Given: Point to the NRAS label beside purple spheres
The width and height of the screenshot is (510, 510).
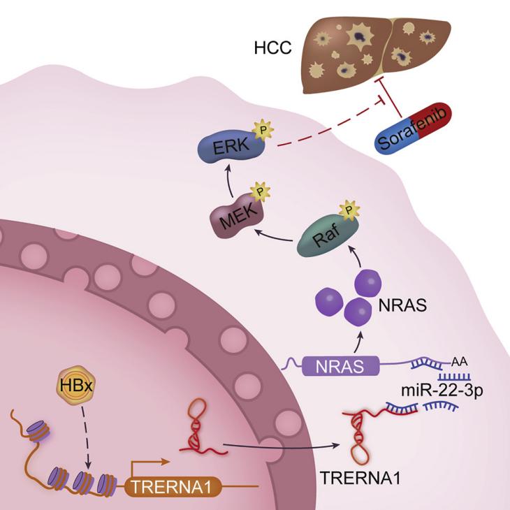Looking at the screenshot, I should [401, 305].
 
